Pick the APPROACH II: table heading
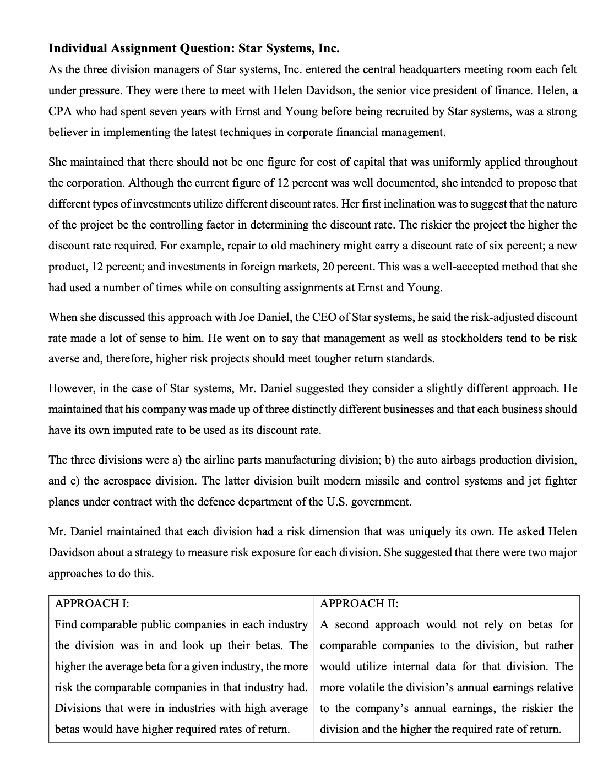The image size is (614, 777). [x=359, y=604]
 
